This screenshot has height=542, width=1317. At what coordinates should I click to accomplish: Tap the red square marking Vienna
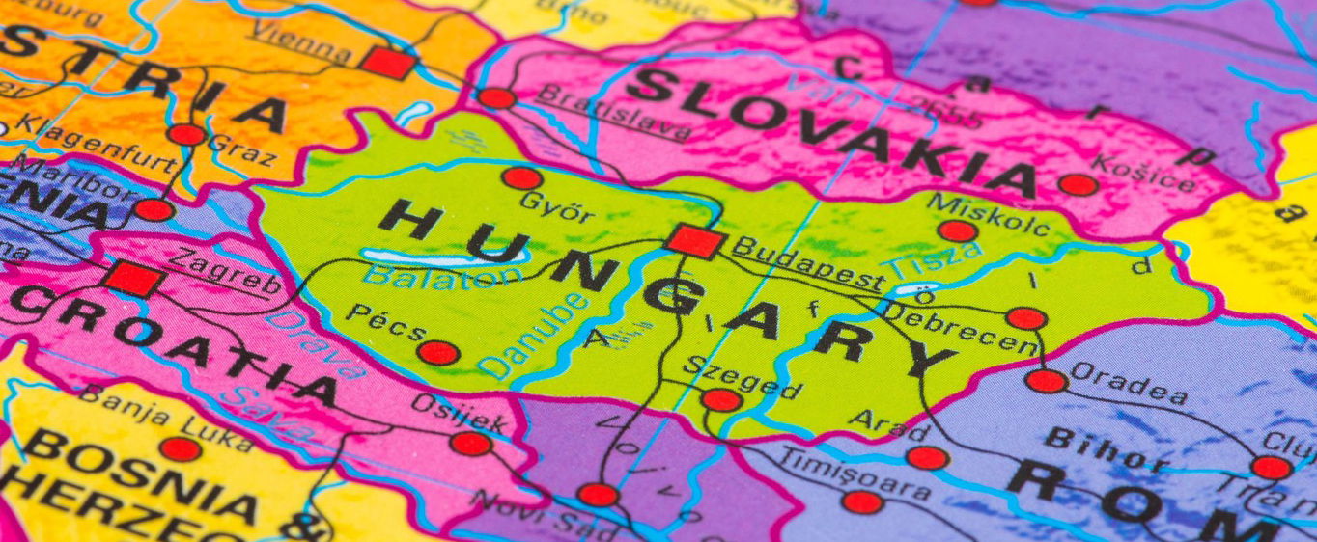tap(388, 63)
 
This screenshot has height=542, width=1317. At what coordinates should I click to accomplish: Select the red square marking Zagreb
tap(134, 279)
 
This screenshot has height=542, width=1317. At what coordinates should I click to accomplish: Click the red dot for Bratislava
tap(496, 98)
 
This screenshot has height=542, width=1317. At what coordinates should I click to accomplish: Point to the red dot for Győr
tap(521, 178)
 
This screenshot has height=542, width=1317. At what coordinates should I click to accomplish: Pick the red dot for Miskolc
tap(957, 231)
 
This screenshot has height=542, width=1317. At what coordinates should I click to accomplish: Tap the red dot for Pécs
tap(438, 353)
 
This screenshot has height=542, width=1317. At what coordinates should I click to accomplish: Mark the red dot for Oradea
tap(1046, 381)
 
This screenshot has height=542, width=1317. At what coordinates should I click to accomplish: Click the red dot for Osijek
tap(471, 444)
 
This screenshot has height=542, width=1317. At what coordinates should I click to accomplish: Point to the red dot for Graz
tap(186, 135)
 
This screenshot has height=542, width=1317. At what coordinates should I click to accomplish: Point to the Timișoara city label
tap(855, 474)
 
